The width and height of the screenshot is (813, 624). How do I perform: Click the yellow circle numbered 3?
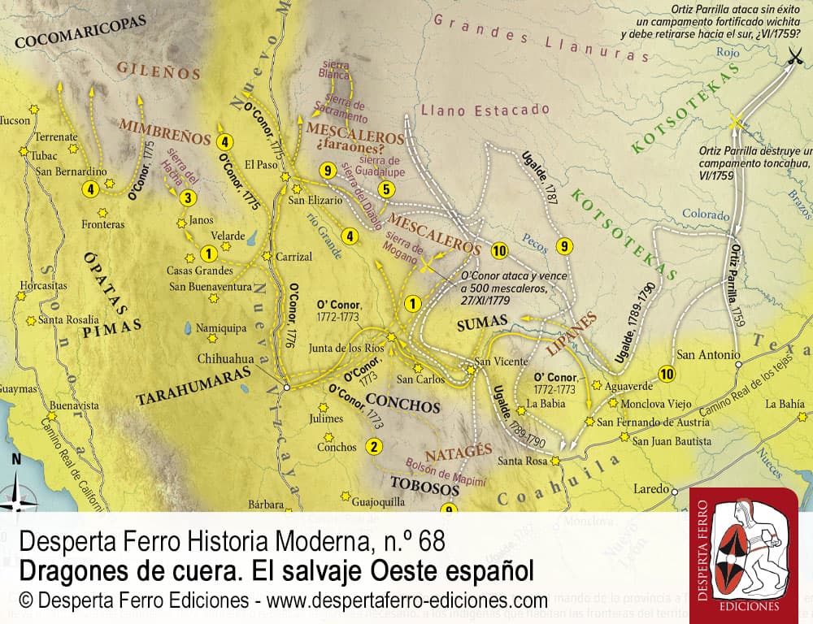pyautogui.click(x=188, y=197)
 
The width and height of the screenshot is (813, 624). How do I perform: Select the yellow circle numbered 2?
pyautogui.click(x=374, y=445)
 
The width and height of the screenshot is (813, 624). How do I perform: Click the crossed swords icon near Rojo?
pyautogui.click(x=793, y=56)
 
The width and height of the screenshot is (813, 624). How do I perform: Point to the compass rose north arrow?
pyautogui.click(x=17, y=487)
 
